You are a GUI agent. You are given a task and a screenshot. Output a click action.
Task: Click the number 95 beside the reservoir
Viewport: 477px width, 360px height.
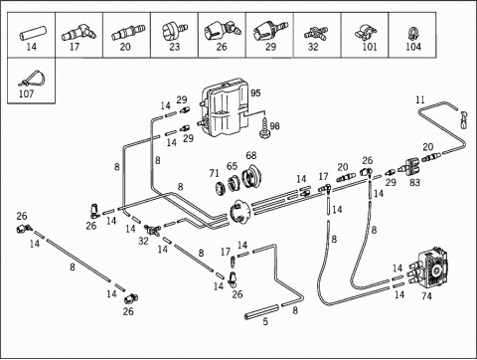coord(255,92)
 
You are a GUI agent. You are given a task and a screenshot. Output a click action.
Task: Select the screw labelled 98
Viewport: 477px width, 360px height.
coord(264,130)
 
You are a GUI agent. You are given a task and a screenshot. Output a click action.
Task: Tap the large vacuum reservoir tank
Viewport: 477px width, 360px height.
coord(225,107)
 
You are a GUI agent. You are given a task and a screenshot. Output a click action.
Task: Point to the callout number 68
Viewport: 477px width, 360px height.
coord(251,155)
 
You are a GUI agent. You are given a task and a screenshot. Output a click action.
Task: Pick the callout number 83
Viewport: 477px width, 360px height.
coord(414,182)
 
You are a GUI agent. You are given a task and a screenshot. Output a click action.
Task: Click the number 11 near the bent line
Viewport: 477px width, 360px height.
coord(420,99)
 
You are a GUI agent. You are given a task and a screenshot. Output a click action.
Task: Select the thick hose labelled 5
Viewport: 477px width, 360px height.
coord(261,312)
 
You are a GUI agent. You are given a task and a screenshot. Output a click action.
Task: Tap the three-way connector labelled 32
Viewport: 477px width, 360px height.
coord(152,229)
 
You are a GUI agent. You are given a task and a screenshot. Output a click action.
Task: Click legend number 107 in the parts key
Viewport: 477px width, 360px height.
coord(26,93)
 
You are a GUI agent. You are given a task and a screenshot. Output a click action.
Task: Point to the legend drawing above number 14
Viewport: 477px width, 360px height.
coord(33,32)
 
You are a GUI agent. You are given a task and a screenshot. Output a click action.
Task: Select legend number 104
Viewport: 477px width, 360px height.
coord(413,47)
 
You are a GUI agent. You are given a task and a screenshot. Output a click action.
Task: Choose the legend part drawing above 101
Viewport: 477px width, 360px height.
coord(366,32)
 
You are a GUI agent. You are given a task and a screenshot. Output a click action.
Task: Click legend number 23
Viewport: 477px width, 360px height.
coord(174,47)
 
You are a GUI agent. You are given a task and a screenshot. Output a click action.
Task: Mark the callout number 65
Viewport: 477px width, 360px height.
coord(232,166)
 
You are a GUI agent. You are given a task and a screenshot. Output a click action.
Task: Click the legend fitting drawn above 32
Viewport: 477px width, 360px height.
coord(316,33)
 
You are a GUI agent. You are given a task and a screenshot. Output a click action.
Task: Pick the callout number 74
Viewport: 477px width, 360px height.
coord(426,296)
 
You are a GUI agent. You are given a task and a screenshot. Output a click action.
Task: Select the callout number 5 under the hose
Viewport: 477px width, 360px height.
coord(265,321)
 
